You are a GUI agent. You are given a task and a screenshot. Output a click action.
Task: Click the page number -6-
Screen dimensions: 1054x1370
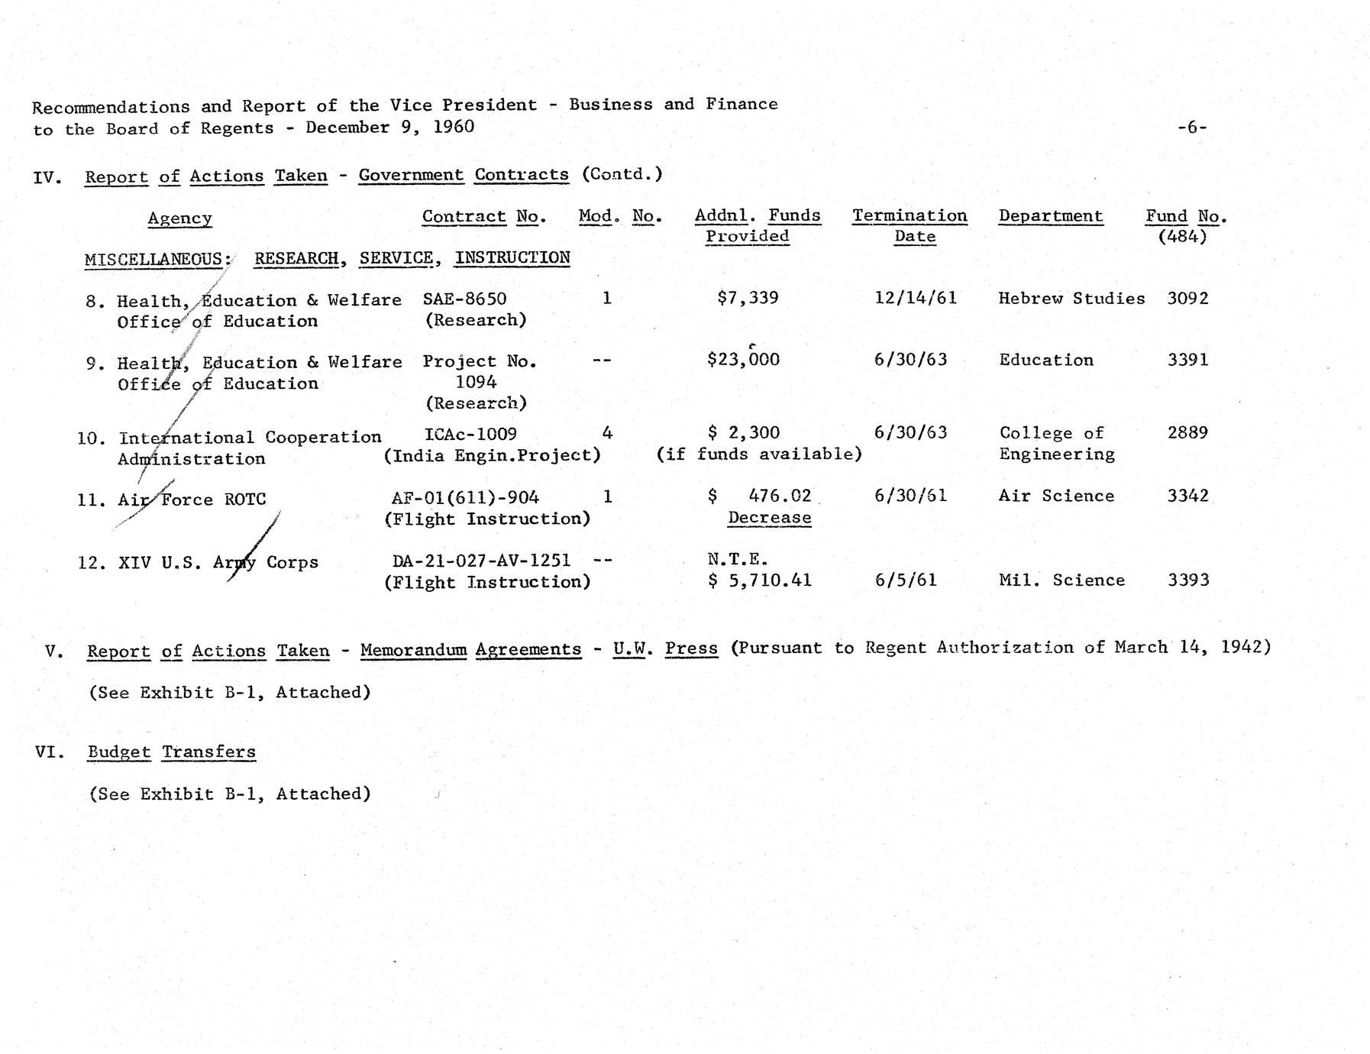click(x=1191, y=128)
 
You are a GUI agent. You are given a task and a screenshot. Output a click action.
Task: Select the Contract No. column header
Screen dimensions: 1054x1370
click(x=484, y=217)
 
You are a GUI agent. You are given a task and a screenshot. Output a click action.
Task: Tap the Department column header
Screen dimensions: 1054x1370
click(x=1050, y=216)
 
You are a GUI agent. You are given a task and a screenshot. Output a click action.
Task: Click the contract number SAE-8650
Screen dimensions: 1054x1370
click(x=464, y=299)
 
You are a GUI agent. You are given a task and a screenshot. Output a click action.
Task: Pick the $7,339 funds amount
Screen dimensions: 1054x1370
click(x=748, y=298)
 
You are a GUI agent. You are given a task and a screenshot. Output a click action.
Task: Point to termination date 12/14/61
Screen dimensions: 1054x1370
click(x=915, y=298)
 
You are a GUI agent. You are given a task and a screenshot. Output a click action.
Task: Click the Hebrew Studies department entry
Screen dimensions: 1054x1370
click(x=1071, y=299)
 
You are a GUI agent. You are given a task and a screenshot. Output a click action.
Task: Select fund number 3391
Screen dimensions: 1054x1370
click(x=1187, y=360)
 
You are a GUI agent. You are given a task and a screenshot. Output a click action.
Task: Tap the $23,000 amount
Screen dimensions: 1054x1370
click(x=743, y=360)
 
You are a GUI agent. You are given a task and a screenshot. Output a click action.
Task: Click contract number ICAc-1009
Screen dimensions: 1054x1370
click(x=470, y=434)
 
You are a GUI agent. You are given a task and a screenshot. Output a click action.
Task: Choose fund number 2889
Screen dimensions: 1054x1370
click(x=1187, y=433)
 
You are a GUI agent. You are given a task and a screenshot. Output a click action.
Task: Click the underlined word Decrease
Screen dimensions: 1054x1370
click(x=769, y=518)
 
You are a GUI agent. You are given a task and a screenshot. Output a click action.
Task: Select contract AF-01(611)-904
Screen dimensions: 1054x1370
click(x=465, y=498)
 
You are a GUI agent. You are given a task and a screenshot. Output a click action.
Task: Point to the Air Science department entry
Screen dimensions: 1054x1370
click(x=1056, y=496)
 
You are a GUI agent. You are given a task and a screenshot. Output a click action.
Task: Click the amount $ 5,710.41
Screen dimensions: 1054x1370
click(x=759, y=580)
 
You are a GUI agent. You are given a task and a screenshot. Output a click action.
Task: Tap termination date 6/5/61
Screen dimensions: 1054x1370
click(x=906, y=580)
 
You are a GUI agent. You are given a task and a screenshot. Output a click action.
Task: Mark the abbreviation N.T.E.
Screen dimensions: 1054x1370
click(x=738, y=560)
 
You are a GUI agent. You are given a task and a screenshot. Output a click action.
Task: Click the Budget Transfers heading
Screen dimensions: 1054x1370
click(x=171, y=752)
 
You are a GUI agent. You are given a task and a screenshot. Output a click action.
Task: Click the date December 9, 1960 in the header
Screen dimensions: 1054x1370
click(x=389, y=128)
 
